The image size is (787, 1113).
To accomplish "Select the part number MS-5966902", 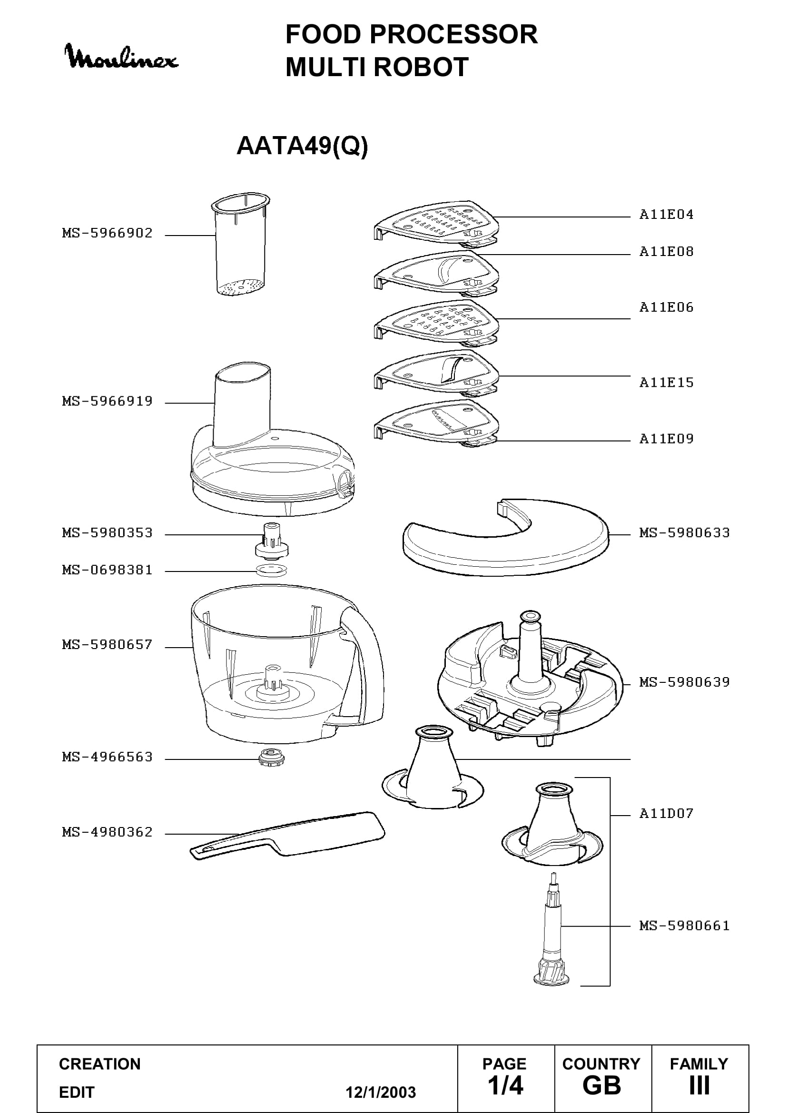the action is [x=107, y=233].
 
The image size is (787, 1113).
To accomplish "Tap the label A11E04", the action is [x=666, y=215].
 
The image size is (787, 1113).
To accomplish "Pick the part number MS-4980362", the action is [x=107, y=832].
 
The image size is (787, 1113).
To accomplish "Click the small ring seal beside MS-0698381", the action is [x=271, y=570].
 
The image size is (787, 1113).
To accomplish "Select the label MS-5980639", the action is [x=684, y=682].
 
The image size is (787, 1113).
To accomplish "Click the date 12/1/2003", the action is [x=381, y=1092].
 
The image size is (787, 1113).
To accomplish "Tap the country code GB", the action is [x=602, y=1086].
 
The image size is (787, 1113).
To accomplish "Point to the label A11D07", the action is [x=666, y=813].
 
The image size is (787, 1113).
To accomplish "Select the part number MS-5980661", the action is [x=684, y=926].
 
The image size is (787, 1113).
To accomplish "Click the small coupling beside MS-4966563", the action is [x=271, y=757].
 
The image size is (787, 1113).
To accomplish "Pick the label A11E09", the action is [x=666, y=439].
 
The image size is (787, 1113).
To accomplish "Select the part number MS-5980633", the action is [x=684, y=533].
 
